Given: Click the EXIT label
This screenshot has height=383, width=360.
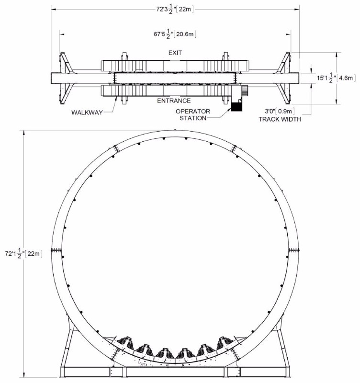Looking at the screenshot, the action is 175,53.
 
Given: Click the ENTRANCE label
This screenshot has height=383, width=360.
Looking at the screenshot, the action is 174,101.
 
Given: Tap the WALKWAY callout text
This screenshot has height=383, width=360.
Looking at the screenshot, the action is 87,113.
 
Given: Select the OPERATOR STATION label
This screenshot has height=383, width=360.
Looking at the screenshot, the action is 193,115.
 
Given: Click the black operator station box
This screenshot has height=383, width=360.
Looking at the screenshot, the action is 236,107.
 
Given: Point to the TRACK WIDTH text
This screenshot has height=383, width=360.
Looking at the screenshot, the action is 280,119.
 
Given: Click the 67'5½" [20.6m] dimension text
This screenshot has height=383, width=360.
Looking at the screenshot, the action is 175,34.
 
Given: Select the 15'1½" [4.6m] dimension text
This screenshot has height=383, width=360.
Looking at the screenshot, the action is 336,78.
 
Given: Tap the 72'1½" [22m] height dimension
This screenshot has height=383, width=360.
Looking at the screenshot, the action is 23,254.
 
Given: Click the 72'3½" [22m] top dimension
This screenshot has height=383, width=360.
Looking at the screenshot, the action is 175,9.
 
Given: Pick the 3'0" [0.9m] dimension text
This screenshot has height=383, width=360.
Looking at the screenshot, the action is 280,112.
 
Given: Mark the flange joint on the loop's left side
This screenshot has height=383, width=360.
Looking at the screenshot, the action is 56,250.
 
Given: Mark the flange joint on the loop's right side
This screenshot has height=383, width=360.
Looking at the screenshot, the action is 294,250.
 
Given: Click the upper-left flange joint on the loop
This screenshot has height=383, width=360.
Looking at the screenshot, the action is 116,148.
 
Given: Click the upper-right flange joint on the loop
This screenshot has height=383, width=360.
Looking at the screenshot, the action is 234,148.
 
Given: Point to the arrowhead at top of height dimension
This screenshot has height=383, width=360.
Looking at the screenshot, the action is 23,133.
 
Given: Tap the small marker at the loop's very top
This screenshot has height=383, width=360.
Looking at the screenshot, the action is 175,130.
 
